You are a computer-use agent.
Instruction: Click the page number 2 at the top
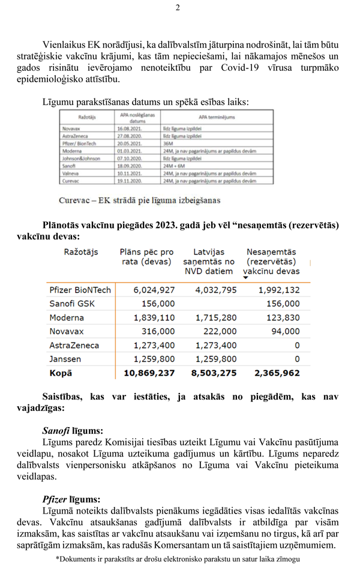click(x=178, y=8)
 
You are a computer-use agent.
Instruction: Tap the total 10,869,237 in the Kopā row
click(x=149, y=373)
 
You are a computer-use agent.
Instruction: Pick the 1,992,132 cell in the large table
click(x=279, y=290)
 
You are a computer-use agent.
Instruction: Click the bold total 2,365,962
click(x=277, y=373)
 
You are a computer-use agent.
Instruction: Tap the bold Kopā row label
click(x=61, y=373)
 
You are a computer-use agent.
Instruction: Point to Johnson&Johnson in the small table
click(x=81, y=158)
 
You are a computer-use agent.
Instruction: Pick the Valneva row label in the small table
click(x=72, y=173)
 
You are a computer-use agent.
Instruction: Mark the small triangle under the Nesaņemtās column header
click(x=246, y=278)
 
